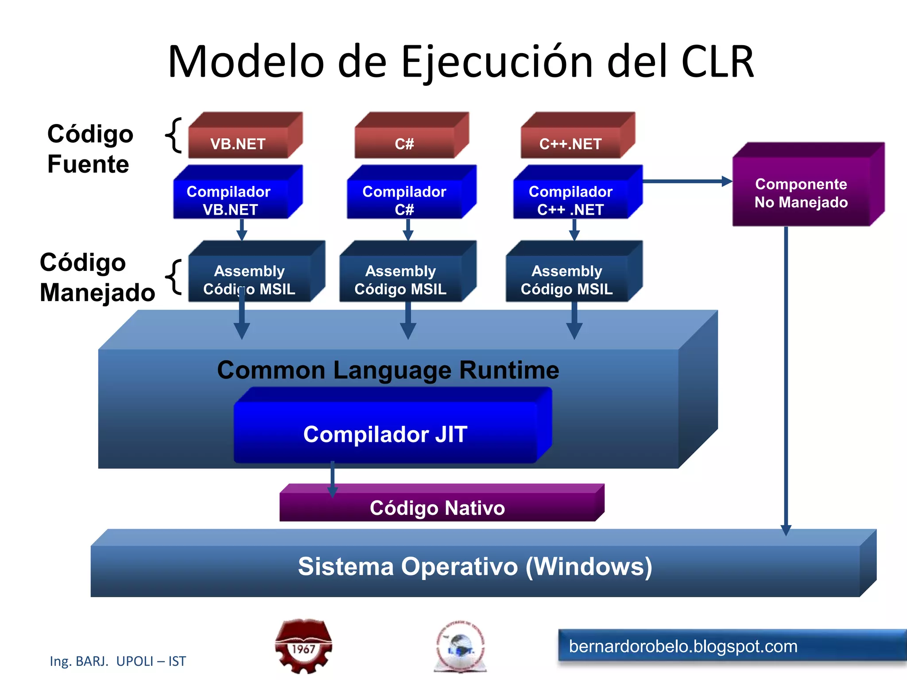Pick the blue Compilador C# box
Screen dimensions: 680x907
(x=405, y=200)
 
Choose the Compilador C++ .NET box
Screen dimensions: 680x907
(x=571, y=200)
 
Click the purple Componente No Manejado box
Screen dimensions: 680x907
(x=802, y=193)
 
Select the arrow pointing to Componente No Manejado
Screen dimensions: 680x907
(x=686, y=181)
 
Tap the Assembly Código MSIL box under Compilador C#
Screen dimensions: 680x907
(x=401, y=279)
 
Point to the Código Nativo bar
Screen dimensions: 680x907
(x=438, y=507)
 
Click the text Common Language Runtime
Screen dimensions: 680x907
(x=388, y=370)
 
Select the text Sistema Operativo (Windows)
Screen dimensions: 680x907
(x=475, y=567)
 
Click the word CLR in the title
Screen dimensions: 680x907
(x=717, y=62)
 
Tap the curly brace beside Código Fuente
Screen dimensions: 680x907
(x=174, y=135)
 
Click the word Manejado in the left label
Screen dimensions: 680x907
(x=97, y=293)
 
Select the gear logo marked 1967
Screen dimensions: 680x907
(x=304, y=646)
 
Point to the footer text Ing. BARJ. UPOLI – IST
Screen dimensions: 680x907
(x=118, y=661)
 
